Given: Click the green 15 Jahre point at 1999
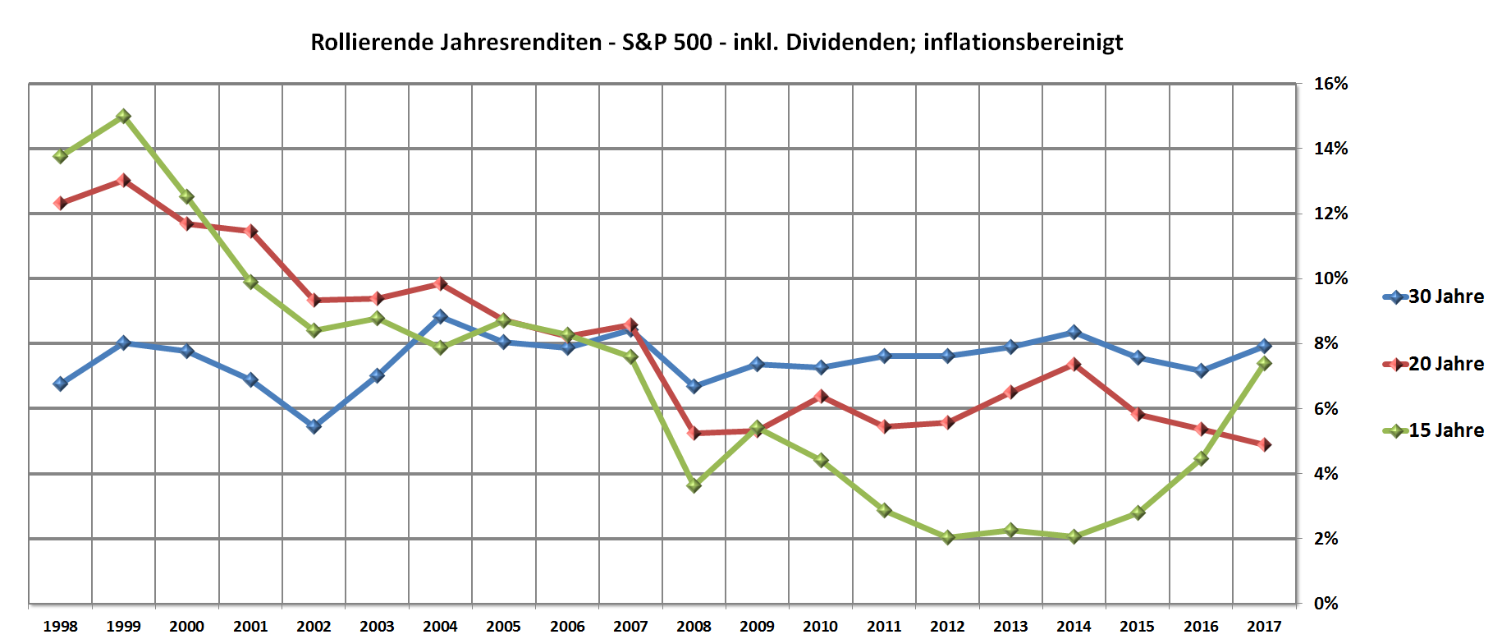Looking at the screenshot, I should point(123,117).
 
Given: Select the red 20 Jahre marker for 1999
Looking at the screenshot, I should point(123,180).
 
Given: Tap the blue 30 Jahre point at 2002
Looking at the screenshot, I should point(314,426).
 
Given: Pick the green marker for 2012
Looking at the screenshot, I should point(947,537).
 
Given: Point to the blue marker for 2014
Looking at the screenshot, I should point(1074,332).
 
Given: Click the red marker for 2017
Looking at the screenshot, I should point(1264,444).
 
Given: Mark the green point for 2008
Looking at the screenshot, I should point(694,485).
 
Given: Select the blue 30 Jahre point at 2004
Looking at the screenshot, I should point(440,316).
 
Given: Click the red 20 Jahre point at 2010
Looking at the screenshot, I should point(821,396).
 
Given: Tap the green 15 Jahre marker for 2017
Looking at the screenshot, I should point(1264,363).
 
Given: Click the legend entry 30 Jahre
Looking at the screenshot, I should point(1445,297).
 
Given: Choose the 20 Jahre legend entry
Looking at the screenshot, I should point(1445,364).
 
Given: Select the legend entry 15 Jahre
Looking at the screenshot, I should point(1445,430).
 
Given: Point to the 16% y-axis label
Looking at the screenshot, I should point(1330,84).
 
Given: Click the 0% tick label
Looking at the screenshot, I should point(1326,604).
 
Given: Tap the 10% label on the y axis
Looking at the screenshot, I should point(1330,278).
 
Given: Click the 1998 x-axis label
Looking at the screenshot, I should point(60,627).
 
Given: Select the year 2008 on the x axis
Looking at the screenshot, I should point(694,627).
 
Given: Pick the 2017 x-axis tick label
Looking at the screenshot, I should point(1264,627).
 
